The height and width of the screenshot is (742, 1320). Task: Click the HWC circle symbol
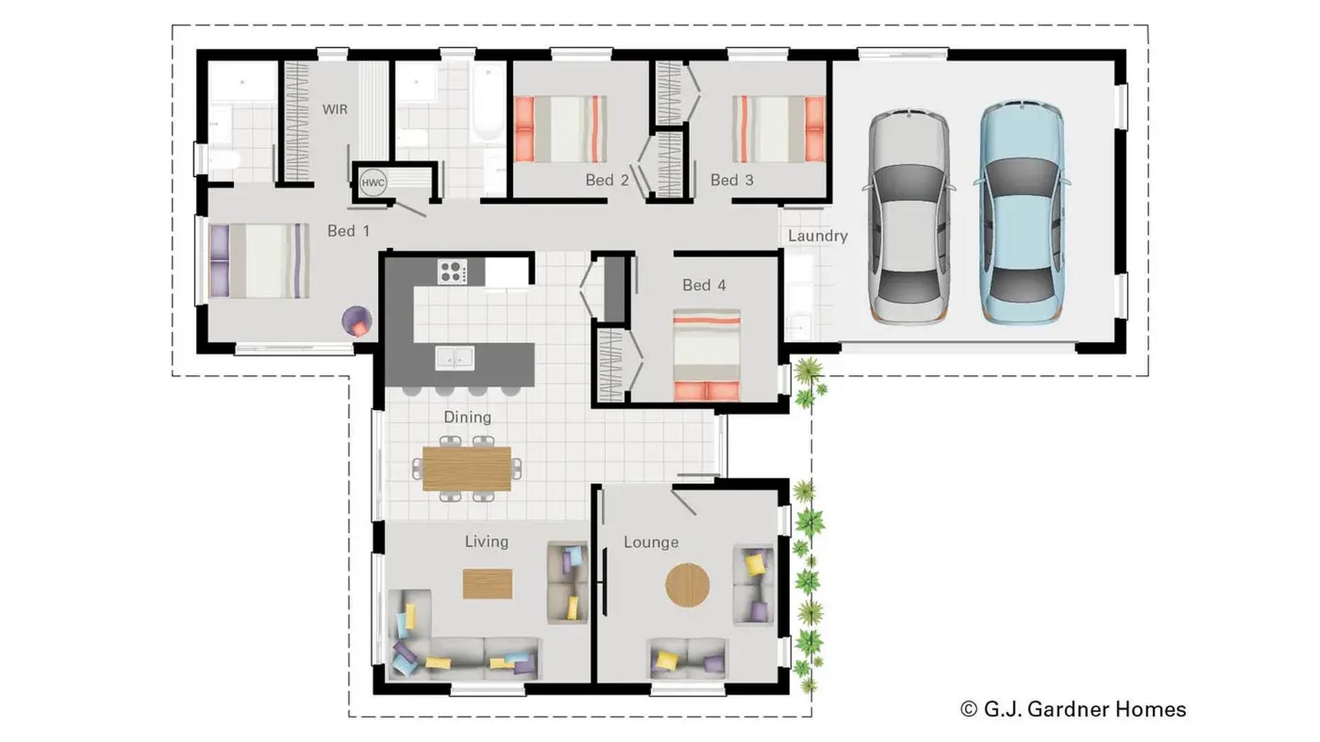pyautogui.click(x=373, y=183)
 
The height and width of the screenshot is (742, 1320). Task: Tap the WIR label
pyautogui.click(x=335, y=109)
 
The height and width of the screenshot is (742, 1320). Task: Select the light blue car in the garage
pyautogui.click(x=1022, y=213)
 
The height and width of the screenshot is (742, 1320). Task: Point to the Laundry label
pyautogui.click(x=817, y=236)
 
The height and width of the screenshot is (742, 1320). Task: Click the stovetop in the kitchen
pyautogui.click(x=452, y=271)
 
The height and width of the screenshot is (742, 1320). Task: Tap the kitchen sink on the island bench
pyautogui.click(x=454, y=358)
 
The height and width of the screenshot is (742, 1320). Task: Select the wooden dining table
pyautogui.click(x=467, y=469)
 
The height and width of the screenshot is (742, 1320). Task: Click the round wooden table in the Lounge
pyautogui.click(x=687, y=585)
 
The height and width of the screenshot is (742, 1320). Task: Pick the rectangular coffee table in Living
pyautogui.click(x=487, y=584)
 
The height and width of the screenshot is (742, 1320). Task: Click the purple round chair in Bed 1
pyautogui.click(x=357, y=321)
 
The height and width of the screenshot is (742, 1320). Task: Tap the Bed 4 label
pyautogui.click(x=704, y=285)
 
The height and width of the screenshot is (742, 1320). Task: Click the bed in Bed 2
pyautogui.click(x=560, y=129)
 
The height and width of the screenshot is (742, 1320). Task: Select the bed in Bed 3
pyautogui.click(x=778, y=129)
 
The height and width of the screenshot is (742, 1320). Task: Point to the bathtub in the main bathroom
pyautogui.click(x=488, y=103)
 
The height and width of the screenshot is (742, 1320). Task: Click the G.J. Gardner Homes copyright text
pyautogui.click(x=1073, y=709)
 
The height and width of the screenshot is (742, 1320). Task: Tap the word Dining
pyautogui.click(x=467, y=417)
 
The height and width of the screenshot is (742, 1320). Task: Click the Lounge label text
pyautogui.click(x=650, y=542)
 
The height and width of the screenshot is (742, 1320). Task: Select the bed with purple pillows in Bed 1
pyautogui.click(x=258, y=261)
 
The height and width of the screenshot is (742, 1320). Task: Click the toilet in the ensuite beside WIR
pyautogui.click(x=224, y=160)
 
